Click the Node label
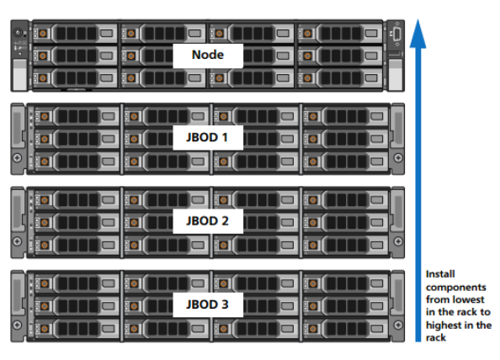(x=208, y=55)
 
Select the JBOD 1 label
(x=207, y=137)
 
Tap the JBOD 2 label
(x=207, y=220)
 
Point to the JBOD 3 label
(x=207, y=304)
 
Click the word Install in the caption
(x=440, y=274)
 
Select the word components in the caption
(x=456, y=288)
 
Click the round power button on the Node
(x=18, y=33)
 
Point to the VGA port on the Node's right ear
(x=397, y=34)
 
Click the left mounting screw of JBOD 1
(x=18, y=157)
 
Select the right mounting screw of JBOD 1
(x=398, y=157)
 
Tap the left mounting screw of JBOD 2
(x=18, y=241)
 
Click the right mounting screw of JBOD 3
(x=398, y=325)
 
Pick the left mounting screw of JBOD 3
(x=18, y=325)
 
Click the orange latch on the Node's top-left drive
(x=43, y=33)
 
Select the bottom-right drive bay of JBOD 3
(x=346, y=329)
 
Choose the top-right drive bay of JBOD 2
(x=346, y=199)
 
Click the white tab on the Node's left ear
(x=19, y=75)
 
